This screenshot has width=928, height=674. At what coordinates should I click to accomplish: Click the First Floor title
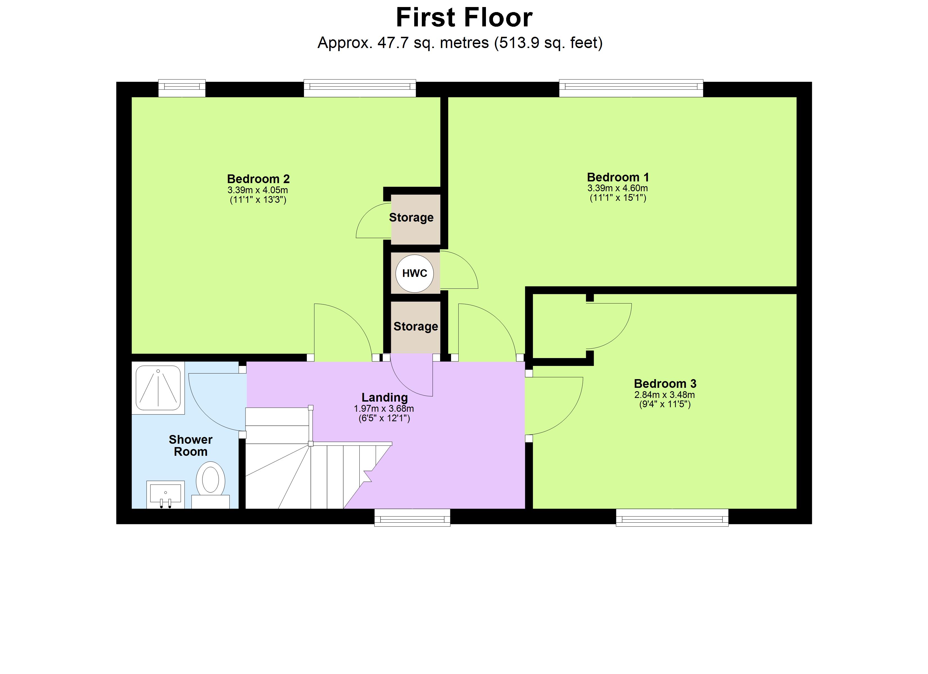tap(464, 18)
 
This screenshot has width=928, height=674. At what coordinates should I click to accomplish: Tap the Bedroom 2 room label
tap(258, 179)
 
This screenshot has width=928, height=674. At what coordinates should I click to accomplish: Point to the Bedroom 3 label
tap(665, 384)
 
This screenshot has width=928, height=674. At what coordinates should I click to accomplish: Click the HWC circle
tap(415, 274)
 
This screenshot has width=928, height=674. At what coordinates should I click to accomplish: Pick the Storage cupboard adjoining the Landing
tap(415, 327)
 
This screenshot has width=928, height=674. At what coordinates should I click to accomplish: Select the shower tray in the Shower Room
tap(158, 388)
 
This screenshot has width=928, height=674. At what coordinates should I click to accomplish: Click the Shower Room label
tap(191, 445)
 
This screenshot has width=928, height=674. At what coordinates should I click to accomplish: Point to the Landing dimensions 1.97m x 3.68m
tap(384, 409)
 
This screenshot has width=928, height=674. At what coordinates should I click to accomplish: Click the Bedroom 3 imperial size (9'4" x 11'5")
tap(665, 405)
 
